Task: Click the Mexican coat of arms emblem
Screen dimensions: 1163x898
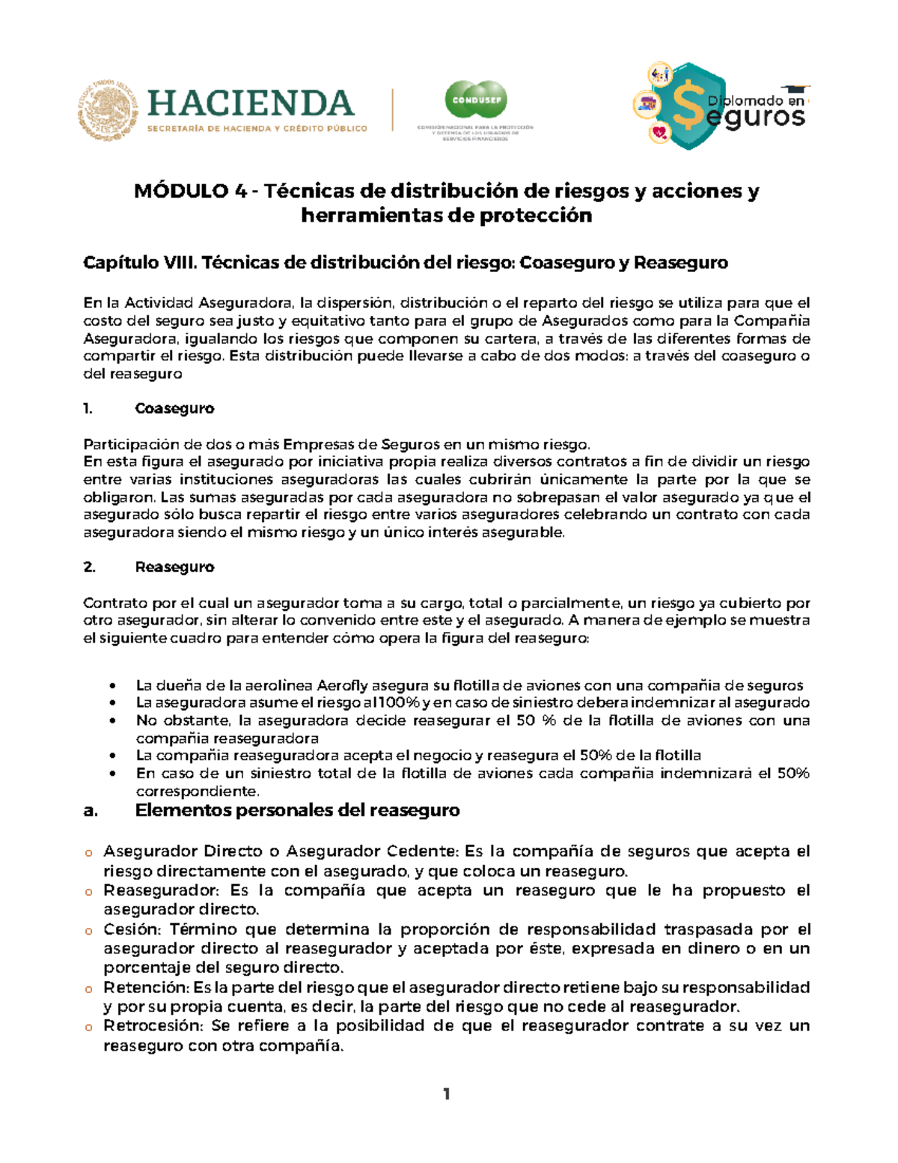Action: pos(108,110)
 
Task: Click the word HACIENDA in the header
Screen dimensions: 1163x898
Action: pos(251,103)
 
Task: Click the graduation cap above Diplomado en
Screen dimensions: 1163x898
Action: pos(795,90)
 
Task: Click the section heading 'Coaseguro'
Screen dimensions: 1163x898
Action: pos(174,409)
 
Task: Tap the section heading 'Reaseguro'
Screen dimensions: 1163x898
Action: pos(174,568)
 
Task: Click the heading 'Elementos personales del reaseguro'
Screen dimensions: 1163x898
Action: pos(297,810)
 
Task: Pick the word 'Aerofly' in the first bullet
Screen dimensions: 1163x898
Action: pos(343,686)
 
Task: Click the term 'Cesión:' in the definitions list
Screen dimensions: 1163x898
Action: pos(132,929)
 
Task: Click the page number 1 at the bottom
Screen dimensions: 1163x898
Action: pos(447,1094)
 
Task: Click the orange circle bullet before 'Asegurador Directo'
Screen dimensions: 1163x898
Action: pos(88,853)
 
